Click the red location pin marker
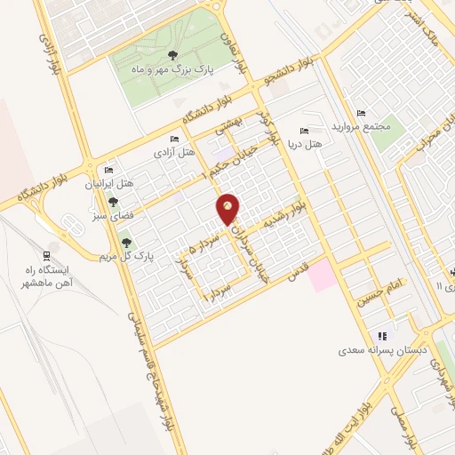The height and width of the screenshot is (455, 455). coord(229,209)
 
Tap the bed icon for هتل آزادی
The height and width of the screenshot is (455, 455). coord(175,139)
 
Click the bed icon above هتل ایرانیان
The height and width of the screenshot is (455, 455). coord(108,169)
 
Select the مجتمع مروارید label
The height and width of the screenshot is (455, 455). coord(361,126)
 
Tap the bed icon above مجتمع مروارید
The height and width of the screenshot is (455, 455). coord(360,112)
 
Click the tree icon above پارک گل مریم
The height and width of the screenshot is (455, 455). coord(124,239)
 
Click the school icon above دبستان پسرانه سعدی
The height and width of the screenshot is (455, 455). coord(383,335)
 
